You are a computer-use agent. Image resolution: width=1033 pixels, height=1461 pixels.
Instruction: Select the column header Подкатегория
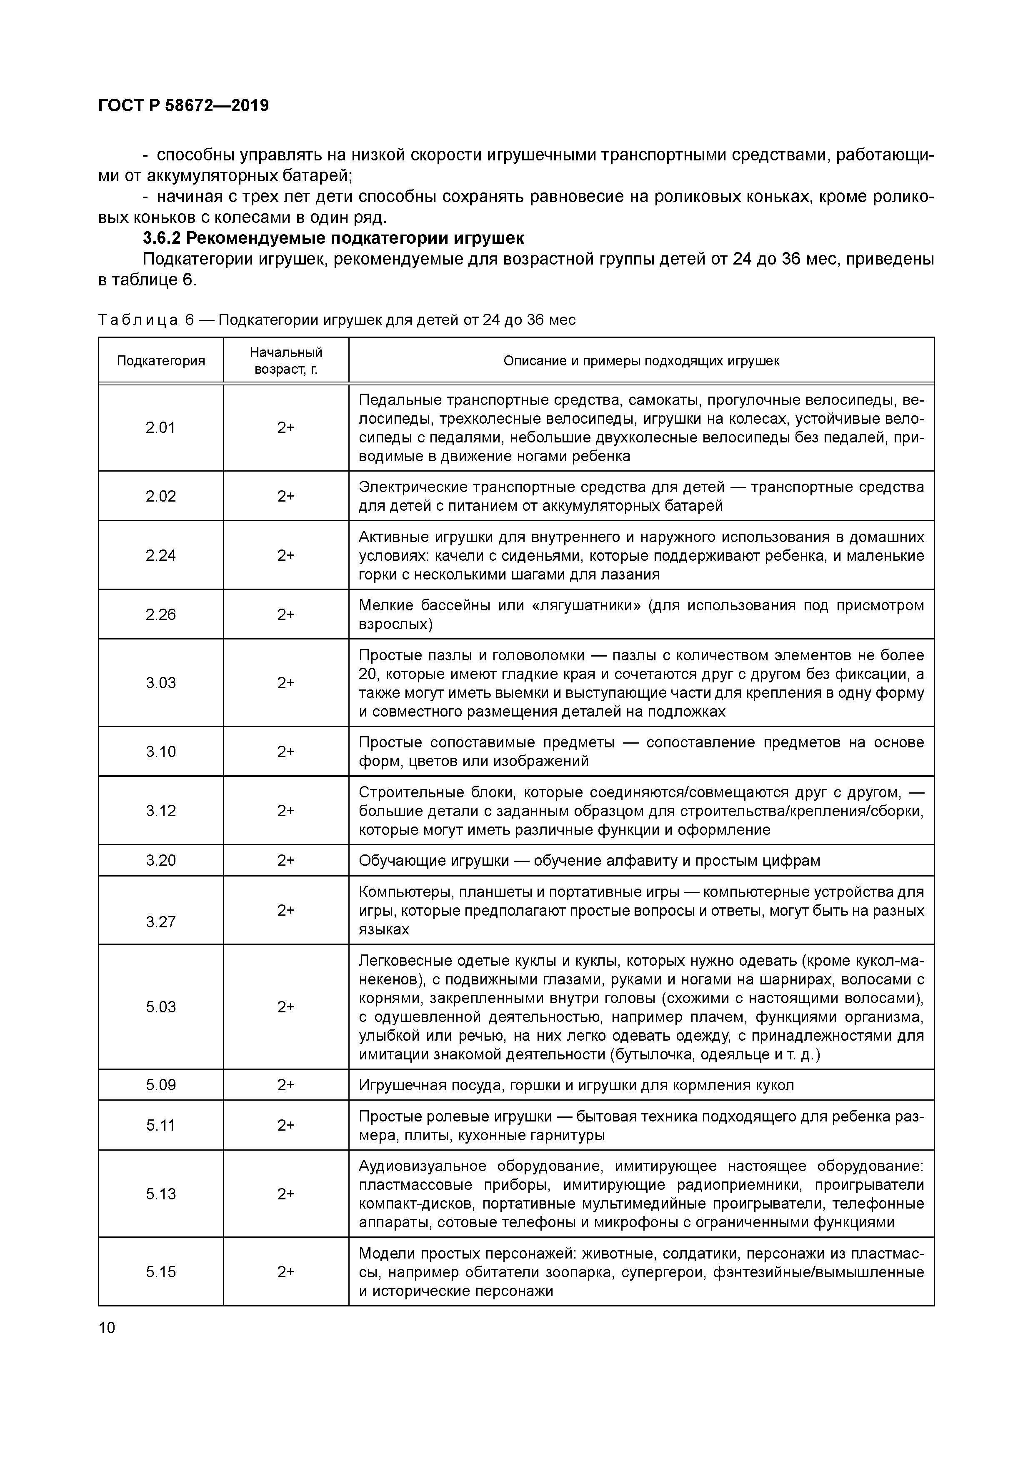click(x=160, y=361)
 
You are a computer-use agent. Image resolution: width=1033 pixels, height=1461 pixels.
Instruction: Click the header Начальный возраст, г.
click(x=286, y=361)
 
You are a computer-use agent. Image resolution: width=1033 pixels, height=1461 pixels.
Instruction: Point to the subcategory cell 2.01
click(x=160, y=427)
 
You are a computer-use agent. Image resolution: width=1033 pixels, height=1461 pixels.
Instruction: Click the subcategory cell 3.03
click(x=160, y=683)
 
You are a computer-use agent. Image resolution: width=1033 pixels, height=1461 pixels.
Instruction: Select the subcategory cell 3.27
click(x=160, y=922)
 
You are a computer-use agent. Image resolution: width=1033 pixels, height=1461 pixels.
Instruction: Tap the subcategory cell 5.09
click(x=160, y=1085)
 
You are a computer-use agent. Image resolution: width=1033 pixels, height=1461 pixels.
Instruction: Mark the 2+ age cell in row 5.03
click(x=286, y=1006)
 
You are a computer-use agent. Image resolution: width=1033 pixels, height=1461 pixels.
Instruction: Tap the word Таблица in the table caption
click(x=138, y=320)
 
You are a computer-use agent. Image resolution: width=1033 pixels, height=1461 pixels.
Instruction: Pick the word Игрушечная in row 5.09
click(x=398, y=1085)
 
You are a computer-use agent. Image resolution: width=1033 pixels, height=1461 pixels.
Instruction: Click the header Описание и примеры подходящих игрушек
click(x=641, y=361)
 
